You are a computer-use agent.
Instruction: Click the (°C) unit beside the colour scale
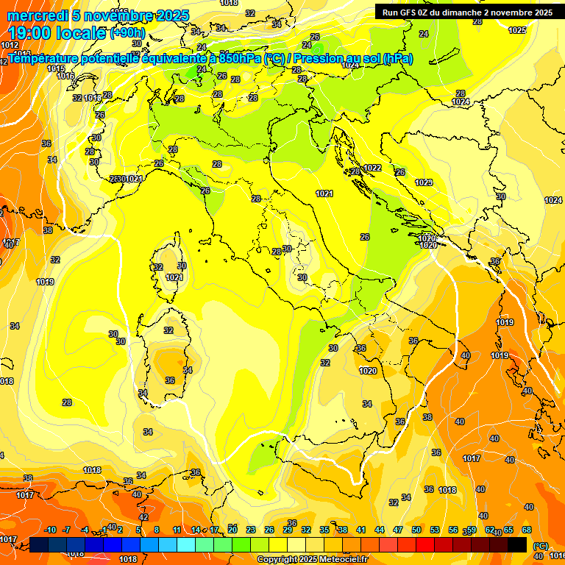[x=541, y=547]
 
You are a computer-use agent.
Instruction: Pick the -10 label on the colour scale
[x=50, y=530]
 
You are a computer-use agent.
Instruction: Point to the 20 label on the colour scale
[x=232, y=530]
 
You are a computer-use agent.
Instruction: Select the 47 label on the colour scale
[x=398, y=530]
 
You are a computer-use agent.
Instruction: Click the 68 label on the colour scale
[x=527, y=530]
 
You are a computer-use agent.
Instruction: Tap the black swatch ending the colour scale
[x=518, y=544]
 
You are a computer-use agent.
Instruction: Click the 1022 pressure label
[x=372, y=168]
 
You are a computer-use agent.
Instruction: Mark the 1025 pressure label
[x=517, y=30]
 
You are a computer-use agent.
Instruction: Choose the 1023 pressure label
[x=423, y=182]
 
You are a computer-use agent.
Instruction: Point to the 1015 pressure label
[x=56, y=68]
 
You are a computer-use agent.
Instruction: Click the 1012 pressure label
[x=10, y=45]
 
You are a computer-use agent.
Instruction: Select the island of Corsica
[x=173, y=261]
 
